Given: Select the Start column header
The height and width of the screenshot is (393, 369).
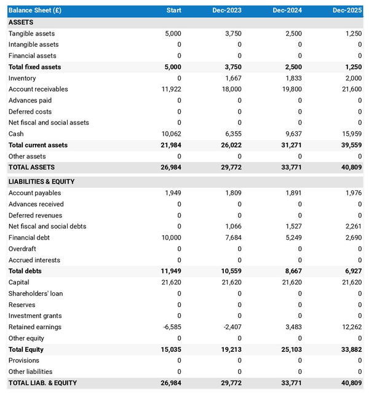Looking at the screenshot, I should coord(173,10).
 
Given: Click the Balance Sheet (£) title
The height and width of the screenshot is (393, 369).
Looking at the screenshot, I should coord(35,10).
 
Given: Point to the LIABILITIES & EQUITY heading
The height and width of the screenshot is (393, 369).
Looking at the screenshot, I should coord(42,182).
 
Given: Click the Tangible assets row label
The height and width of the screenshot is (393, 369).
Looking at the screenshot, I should coord(31,34).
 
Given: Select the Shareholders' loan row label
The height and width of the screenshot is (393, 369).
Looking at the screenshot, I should coord(36,294).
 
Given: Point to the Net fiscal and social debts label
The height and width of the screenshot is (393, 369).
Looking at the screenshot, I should coord(47,227).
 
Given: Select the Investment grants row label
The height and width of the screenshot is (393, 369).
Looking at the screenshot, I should coord(34,316).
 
